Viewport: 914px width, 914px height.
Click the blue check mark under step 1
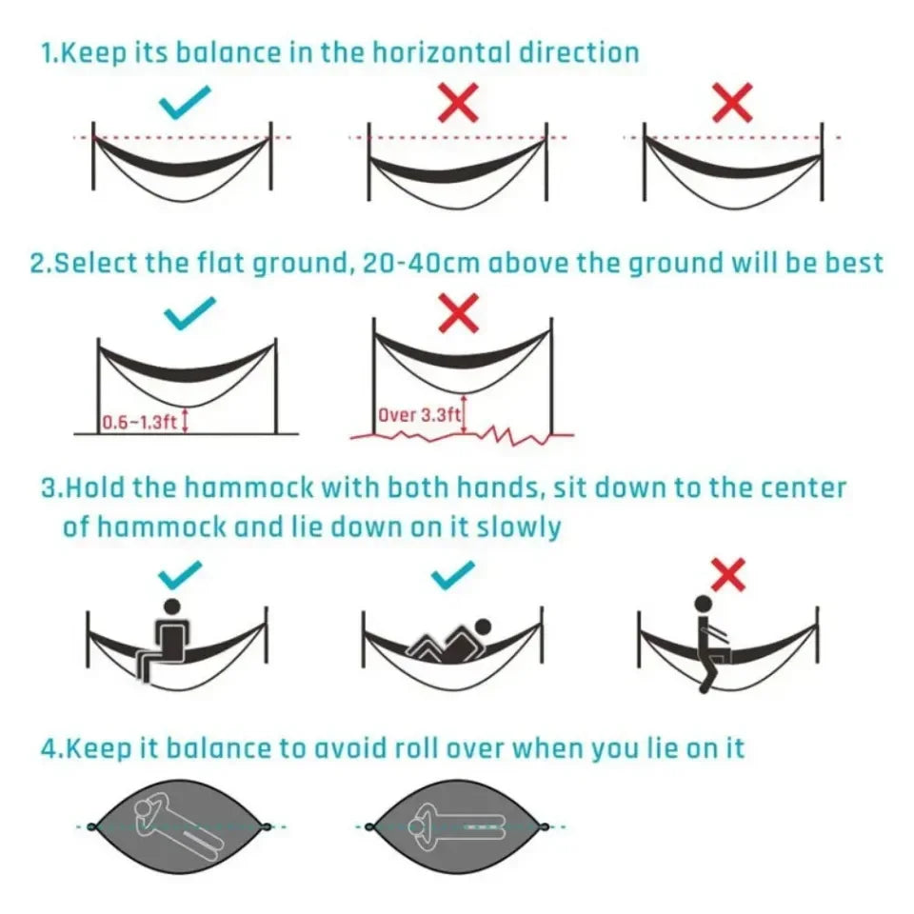[186, 104]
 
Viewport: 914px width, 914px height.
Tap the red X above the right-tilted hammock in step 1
[732, 102]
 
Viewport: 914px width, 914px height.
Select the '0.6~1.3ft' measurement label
[139, 423]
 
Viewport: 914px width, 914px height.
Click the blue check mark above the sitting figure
[181, 572]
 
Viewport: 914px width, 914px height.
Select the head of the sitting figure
[172, 606]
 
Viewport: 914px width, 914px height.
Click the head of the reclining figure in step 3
[483, 627]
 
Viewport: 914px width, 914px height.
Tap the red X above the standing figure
[728, 574]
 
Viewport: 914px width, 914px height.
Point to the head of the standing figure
[703, 604]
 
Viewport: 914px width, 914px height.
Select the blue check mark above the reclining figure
[453, 572]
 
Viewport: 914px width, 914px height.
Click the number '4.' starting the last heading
[51, 748]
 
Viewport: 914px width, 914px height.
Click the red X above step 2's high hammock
[459, 314]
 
